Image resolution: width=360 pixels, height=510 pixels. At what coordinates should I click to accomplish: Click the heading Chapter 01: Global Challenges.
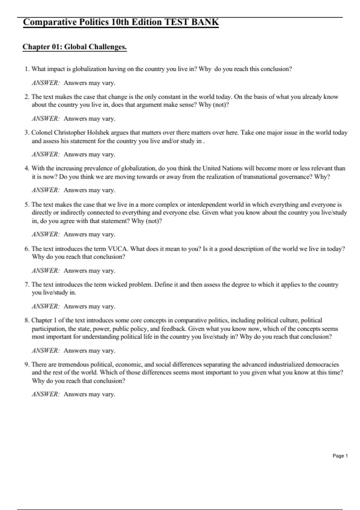[x=75, y=47]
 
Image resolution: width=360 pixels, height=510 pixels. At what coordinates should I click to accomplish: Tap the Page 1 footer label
[x=340, y=456]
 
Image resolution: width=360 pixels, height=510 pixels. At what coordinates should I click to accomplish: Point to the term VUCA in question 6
[x=118, y=249]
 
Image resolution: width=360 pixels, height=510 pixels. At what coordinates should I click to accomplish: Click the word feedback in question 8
[x=173, y=328]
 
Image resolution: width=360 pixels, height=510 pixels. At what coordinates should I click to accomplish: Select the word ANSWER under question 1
[x=46, y=83]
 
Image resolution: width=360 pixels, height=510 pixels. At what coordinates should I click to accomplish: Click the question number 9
[x=27, y=364]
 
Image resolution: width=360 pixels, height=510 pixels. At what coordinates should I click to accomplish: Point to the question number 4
[x=27, y=168]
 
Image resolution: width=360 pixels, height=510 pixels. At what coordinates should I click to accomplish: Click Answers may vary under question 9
[x=89, y=394]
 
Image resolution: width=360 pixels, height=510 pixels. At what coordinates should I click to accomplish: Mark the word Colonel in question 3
[x=42, y=133]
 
